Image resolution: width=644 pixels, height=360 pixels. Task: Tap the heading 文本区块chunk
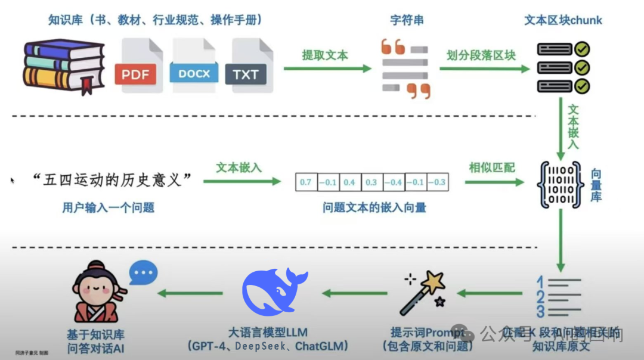563,20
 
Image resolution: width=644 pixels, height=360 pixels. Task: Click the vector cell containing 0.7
305,182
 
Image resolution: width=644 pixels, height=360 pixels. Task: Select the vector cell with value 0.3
371,182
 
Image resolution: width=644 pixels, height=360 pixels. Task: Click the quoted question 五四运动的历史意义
113,181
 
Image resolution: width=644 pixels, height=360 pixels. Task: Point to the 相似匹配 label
492,167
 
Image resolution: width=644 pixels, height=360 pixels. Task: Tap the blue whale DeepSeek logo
274,292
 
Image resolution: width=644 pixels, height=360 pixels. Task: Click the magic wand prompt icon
424,292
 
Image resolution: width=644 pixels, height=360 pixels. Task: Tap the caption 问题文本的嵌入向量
374,208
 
